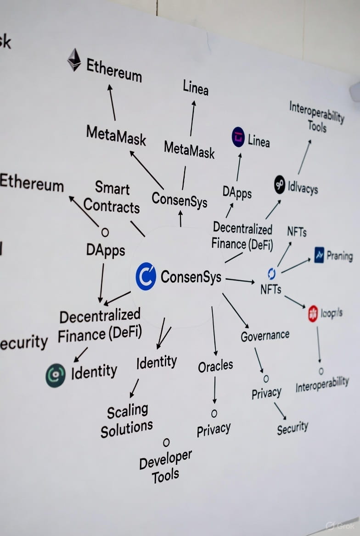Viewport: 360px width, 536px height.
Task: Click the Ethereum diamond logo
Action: pyautogui.click(x=74, y=60)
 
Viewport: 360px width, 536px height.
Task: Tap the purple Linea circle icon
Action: pyautogui.click(x=238, y=137)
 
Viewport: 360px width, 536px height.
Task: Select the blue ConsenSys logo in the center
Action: pyautogui.click(x=146, y=276)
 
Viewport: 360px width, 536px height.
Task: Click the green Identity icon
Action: pyautogui.click(x=56, y=375)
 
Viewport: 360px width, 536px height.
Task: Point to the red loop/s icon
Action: pyautogui.click(x=313, y=313)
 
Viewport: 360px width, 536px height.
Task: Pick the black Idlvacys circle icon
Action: pyautogui.click(x=280, y=184)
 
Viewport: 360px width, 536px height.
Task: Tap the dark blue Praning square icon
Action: pyautogui.click(x=319, y=255)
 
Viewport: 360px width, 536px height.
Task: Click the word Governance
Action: pyautogui.click(x=265, y=335)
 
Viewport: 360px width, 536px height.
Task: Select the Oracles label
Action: pyautogui.click(x=215, y=366)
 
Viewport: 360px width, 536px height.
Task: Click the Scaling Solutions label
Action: pyautogui.click(x=126, y=420)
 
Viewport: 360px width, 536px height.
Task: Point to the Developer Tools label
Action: pyautogui.click(x=165, y=467)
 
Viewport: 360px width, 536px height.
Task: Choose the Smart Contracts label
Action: pyautogui.click(x=112, y=197)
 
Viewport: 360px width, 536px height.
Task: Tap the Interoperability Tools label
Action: pyautogui.click(x=316, y=117)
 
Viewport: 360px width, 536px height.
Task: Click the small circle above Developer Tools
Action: pyautogui.click(x=166, y=442)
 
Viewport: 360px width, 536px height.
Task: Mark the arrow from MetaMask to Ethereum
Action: pyautogui.click(x=112, y=102)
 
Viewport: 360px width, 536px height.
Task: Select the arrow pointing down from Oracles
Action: pyautogui.click(x=214, y=390)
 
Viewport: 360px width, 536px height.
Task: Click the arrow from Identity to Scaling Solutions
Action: pyautogui.click(x=134, y=388)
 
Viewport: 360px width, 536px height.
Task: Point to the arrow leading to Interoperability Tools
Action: pyautogui.click(x=304, y=157)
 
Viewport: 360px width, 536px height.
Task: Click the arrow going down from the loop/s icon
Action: pyautogui.click(x=318, y=344)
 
